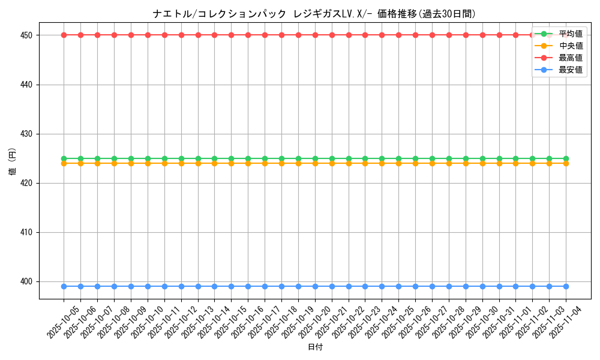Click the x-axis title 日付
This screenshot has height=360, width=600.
click(x=315, y=347)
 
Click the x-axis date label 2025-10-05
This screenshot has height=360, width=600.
click(x=64, y=322)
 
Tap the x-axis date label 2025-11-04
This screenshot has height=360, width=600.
click(x=566, y=322)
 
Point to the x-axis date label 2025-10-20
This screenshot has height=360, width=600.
click(x=315, y=322)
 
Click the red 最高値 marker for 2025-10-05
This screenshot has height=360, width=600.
click(x=64, y=35)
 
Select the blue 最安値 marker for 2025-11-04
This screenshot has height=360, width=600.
click(x=566, y=286)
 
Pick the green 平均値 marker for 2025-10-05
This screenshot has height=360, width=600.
click(x=64, y=158)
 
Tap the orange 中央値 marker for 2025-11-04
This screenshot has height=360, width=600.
click(x=566, y=163)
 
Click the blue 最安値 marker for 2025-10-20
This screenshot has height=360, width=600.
click(x=315, y=286)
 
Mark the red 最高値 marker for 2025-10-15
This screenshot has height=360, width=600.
click(x=231, y=35)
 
